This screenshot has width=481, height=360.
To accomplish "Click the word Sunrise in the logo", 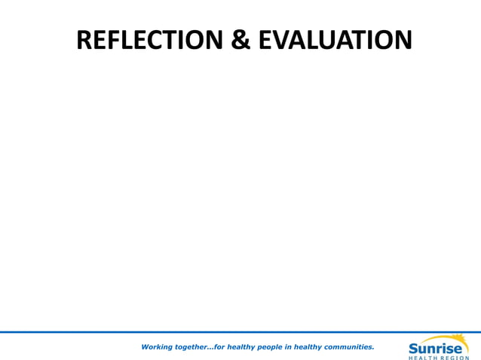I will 437,348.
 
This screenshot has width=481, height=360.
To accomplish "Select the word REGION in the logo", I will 455,357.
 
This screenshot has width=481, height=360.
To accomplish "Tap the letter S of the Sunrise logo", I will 414,348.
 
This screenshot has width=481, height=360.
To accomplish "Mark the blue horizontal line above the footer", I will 240,332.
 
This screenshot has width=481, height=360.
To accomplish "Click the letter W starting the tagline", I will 145,347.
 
